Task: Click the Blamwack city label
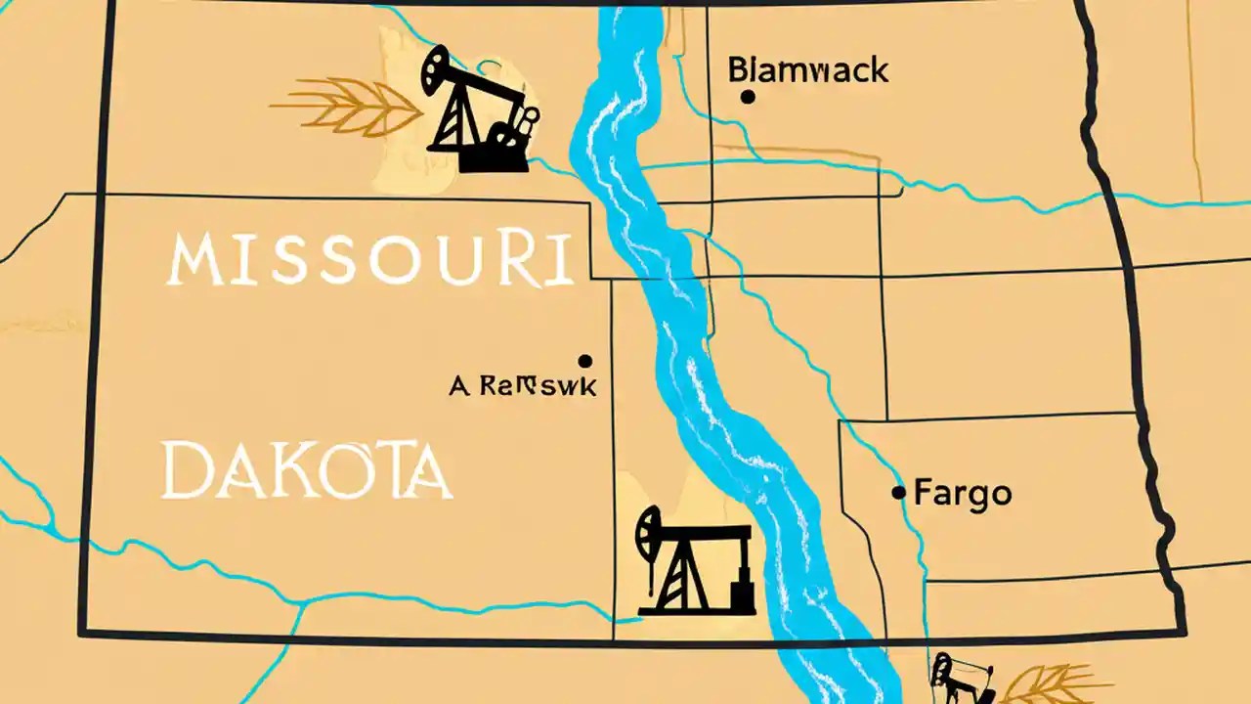click(808, 70)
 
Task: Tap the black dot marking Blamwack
click(748, 96)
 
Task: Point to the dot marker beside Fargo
click(899, 493)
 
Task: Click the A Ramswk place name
click(522, 386)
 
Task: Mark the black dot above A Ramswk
click(585, 361)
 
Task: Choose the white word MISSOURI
click(369, 260)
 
